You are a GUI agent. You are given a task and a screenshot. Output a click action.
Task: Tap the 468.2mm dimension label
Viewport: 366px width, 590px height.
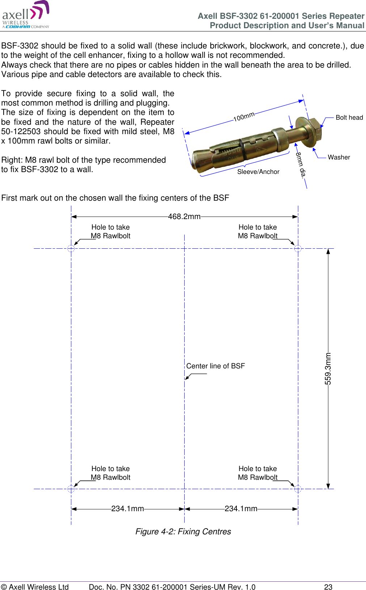point(184,217)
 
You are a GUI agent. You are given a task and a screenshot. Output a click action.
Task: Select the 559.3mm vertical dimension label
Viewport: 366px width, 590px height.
point(328,368)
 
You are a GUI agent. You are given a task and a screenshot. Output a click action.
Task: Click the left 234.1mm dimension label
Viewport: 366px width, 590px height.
point(127,509)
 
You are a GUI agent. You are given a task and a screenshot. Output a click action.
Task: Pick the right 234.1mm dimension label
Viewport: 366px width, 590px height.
point(241,509)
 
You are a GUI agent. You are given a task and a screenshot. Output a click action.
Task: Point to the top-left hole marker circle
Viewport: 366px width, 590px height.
point(71,249)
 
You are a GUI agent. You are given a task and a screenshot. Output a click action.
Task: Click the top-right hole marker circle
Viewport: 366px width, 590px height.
point(298,249)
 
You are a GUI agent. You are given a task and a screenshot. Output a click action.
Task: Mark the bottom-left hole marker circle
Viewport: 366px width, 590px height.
point(71,489)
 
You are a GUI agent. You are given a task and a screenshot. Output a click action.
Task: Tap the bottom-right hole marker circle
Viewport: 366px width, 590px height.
point(298,489)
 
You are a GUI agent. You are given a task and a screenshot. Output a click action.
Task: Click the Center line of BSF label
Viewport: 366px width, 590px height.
point(215,366)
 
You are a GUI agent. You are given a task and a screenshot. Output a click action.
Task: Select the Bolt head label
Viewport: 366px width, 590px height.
point(349,117)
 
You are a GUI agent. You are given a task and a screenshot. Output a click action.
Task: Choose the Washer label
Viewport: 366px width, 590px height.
point(339,157)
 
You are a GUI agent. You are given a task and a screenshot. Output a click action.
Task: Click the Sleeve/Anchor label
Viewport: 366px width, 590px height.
point(258,172)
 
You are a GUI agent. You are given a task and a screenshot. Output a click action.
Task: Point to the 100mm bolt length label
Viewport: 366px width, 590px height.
point(244,117)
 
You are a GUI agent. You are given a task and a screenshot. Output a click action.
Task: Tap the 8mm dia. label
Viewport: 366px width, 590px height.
point(301,165)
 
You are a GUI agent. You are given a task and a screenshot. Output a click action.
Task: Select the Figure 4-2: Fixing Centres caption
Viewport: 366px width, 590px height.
point(183,531)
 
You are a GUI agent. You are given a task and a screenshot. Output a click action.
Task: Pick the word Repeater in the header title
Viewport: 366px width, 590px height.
point(347,16)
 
